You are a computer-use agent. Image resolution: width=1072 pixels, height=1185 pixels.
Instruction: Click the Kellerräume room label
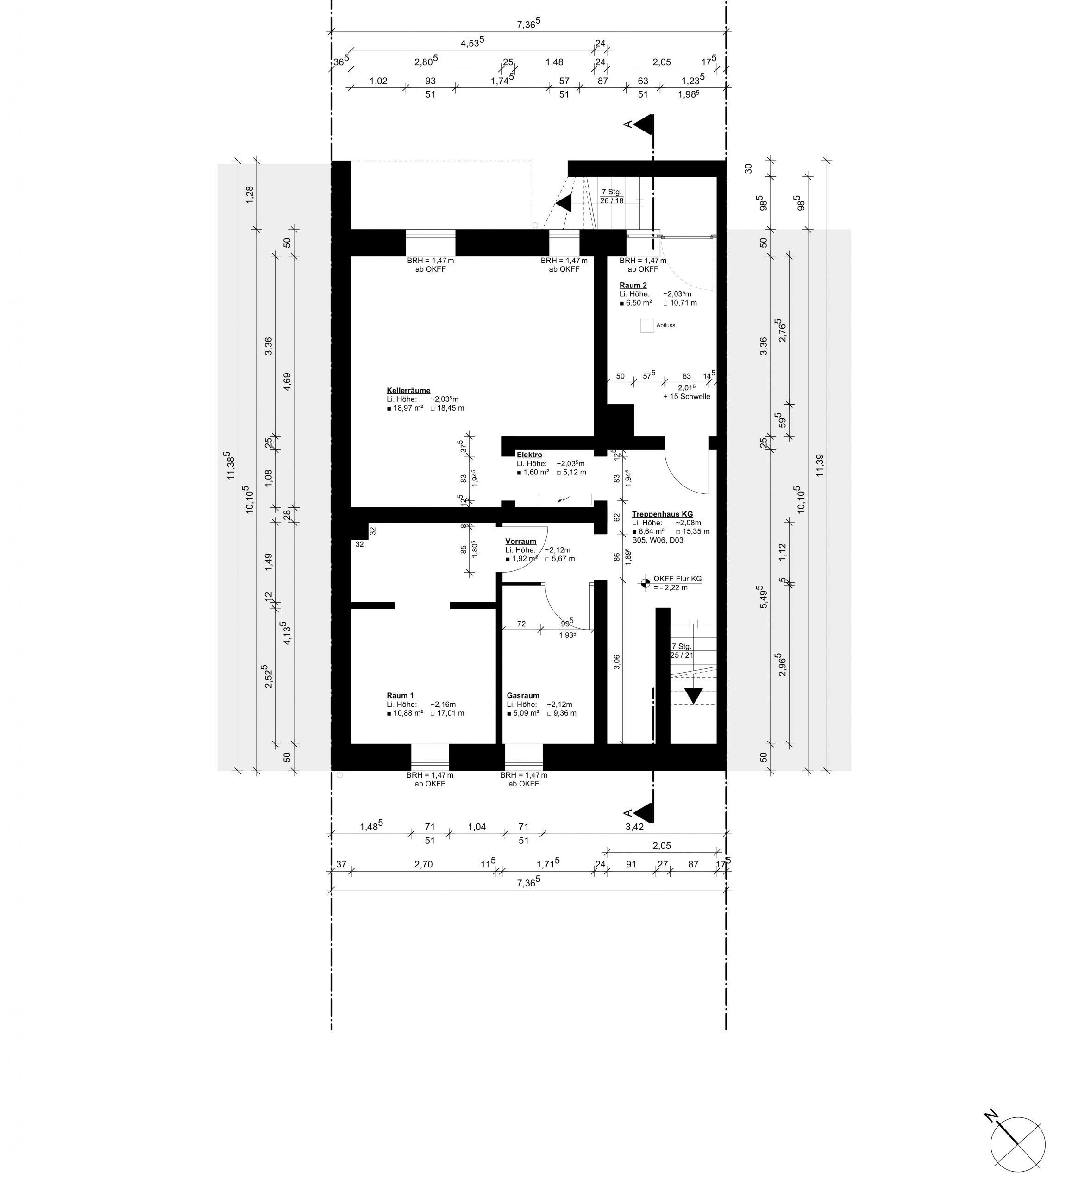click(408, 390)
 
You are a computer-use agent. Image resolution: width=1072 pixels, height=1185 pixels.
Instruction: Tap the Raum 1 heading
click(400, 695)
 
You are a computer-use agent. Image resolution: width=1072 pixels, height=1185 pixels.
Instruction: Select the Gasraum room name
click(523, 695)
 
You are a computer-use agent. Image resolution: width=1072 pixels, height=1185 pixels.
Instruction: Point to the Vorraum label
click(520, 542)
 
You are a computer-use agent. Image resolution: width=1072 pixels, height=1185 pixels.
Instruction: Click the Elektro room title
click(529, 455)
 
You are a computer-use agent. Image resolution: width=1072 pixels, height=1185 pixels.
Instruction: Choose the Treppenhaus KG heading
click(662, 514)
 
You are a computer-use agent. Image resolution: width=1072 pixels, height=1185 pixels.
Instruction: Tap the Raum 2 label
click(633, 285)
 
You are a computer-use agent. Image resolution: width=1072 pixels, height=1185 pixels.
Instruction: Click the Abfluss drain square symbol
click(647, 325)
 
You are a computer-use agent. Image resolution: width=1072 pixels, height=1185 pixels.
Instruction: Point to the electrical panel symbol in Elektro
click(564, 499)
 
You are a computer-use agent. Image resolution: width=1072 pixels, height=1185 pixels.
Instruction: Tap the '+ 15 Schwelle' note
click(686, 396)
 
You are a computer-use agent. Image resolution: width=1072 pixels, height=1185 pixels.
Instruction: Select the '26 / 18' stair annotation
click(612, 200)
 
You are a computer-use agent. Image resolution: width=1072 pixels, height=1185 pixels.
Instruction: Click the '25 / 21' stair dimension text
click(682, 655)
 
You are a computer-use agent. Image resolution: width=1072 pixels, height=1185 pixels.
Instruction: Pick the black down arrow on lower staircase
click(694, 695)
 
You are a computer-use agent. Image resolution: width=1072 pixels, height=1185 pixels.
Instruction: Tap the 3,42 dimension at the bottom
click(634, 826)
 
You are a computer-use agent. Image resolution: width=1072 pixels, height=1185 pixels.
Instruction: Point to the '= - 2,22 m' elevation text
click(671, 587)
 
